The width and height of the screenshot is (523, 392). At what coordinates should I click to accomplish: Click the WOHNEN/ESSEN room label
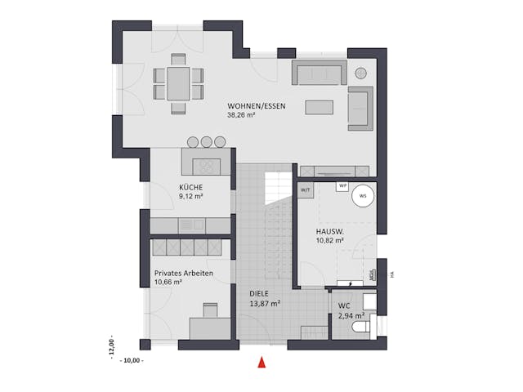point(257,106)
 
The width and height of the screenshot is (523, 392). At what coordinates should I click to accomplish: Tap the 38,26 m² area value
point(243,115)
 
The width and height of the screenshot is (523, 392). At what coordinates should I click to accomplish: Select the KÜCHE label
point(191,187)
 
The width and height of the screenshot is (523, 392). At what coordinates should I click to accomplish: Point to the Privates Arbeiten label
point(184,274)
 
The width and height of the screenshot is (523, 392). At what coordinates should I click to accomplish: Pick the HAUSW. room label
point(330,233)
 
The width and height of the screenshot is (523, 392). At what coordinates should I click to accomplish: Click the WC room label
point(344,307)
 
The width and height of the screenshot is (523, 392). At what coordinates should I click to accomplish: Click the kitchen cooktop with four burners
point(206,165)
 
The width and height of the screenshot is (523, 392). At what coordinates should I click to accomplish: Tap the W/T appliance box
point(306,189)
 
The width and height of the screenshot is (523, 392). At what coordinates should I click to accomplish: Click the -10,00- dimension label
point(131,359)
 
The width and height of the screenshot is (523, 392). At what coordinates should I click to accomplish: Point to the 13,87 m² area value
point(265,303)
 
